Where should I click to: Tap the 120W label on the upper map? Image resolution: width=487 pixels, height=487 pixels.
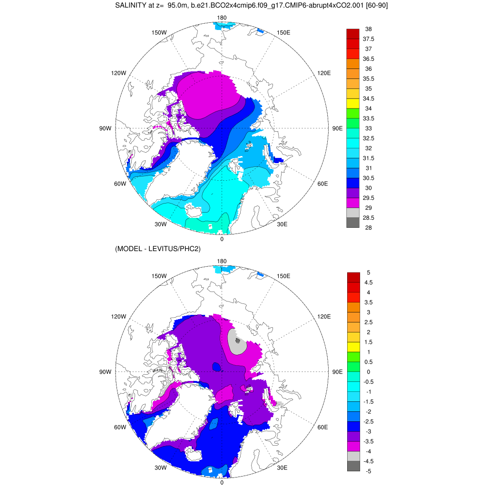coord(118,73)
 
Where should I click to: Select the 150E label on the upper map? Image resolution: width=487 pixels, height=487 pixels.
coord(283,32)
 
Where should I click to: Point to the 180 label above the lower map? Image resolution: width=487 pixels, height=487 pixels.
coord(222,262)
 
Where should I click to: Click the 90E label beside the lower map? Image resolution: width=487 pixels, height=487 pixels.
coord(337,372)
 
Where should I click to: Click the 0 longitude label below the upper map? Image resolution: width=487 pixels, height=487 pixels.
coord(222,239)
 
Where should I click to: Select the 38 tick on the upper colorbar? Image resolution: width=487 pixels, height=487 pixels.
coord(368,29)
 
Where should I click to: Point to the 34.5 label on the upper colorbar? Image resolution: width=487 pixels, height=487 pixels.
coord(368,98)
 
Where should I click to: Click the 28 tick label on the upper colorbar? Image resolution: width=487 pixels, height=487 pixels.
coord(368,228)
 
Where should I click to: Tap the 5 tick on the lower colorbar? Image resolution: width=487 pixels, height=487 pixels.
coord(368,273)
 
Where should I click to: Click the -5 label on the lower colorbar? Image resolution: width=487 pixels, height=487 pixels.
coord(368,471)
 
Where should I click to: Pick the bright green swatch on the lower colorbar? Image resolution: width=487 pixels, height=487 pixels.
coord(353,357)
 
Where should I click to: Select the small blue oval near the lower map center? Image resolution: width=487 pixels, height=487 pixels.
coord(216,367)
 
